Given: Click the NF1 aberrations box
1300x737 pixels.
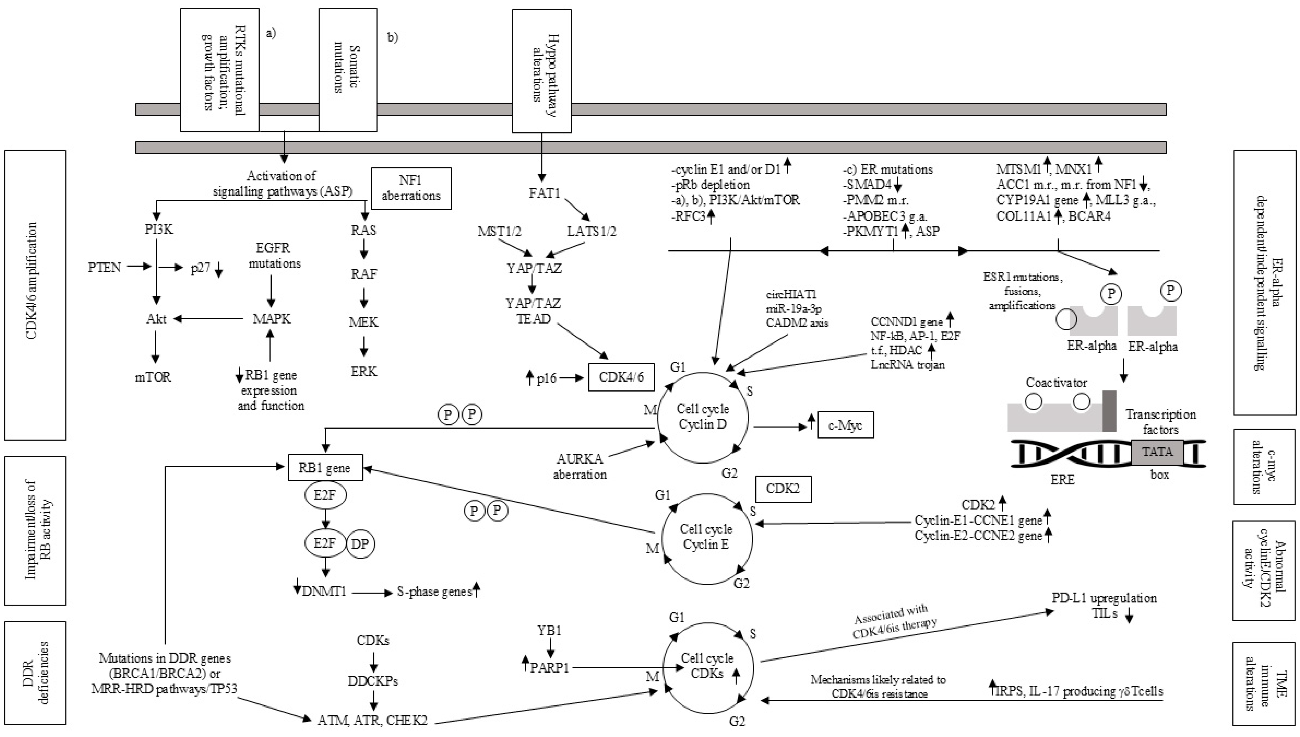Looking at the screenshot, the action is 411,188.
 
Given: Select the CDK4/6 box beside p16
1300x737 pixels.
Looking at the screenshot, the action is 621,377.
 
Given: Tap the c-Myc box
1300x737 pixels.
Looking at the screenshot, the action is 845,425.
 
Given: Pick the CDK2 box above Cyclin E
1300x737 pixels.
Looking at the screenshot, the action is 783,489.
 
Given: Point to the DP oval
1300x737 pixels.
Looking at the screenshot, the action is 360,544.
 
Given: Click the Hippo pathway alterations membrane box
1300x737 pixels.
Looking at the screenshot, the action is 542,71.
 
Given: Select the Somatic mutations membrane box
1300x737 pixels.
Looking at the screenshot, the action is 348,70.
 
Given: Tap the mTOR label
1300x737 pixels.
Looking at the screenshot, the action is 153,377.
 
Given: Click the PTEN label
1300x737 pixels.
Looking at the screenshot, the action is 104,267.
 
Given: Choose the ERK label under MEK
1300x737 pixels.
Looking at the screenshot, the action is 364,371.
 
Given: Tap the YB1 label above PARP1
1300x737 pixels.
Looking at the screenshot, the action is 549,631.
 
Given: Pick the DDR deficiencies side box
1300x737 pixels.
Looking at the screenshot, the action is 35,673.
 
